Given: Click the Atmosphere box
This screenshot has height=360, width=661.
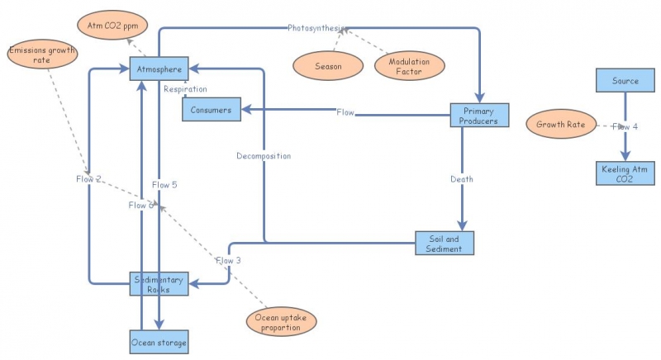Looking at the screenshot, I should coord(160,69).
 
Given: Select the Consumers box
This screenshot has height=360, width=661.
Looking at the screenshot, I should coord(212,109).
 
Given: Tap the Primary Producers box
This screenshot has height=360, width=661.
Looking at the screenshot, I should coord(479,116).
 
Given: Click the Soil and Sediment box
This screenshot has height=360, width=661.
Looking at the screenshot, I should coord(445,244).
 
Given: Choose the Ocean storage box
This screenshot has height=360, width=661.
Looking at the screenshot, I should coord(160,341).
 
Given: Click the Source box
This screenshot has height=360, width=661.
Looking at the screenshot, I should coord(625,81).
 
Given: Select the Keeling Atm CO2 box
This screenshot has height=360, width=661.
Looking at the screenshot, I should coord(625,173).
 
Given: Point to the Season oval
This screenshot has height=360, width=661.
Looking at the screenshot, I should coord(328,66).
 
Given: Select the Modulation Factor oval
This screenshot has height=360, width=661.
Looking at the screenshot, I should coord(410,66).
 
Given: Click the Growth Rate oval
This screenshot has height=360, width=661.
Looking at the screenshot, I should coord(561,126).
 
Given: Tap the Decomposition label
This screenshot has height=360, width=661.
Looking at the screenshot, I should coord(264,155).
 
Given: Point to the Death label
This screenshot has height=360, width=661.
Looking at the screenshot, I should coord(462,179).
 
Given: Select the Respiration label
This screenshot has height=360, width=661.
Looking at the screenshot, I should coord(185,89).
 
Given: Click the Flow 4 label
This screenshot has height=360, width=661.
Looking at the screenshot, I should coord(625,126).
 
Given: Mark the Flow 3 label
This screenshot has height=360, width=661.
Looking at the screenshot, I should coord(228,261).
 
